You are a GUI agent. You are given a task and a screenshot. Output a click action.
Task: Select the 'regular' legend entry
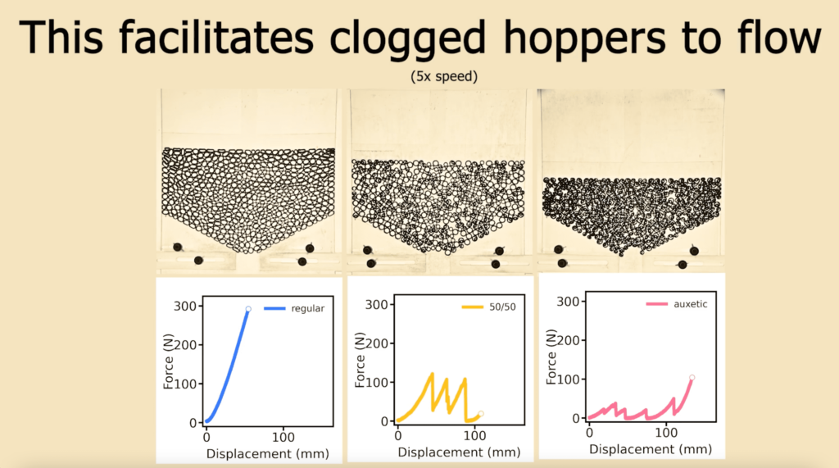(307, 309)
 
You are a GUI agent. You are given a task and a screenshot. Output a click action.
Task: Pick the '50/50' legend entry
(501, 307)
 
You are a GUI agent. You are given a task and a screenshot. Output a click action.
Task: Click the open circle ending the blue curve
(248, 309)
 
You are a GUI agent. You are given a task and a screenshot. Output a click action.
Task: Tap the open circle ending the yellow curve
(481, 414)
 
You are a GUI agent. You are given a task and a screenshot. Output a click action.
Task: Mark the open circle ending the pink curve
(692, 378)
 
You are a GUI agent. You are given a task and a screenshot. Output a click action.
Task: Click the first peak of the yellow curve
(432, 374)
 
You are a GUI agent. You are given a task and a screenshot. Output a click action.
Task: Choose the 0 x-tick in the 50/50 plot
(398, 434)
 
